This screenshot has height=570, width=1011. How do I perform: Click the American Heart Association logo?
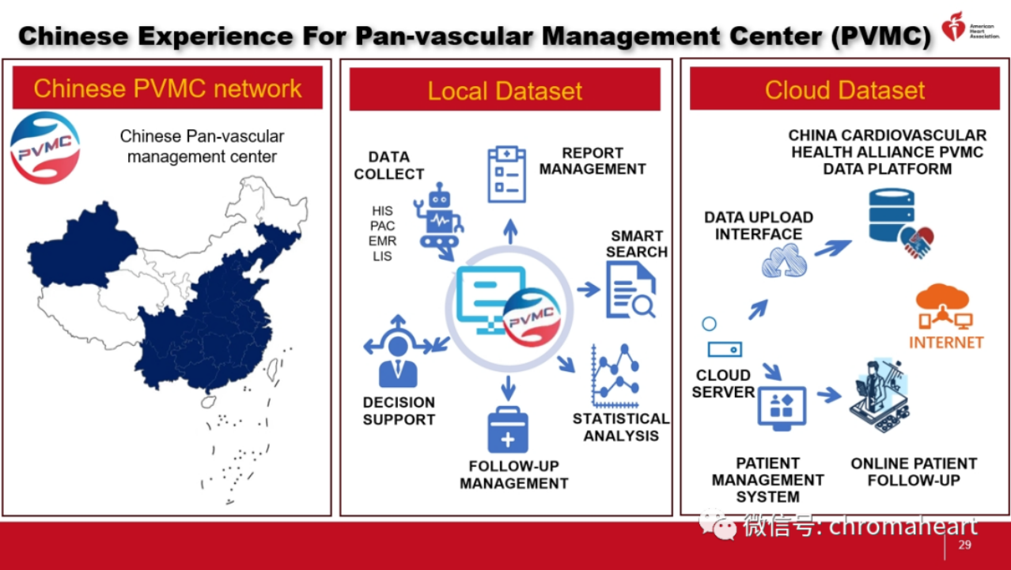(x=970, y=27)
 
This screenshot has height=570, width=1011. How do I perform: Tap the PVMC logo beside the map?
(x=44, y=148)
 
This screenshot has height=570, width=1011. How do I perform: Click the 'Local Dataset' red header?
(x=505, y=89)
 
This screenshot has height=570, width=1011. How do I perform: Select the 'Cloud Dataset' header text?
(x=844, y=89)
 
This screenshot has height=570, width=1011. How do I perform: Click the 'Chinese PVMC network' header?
(x=168, y=88)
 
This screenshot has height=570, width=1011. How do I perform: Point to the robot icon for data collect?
(x=438, y=220)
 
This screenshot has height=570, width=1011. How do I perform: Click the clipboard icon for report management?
(x=507, y=174)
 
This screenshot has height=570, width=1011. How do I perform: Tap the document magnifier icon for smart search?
(x=630, y=291)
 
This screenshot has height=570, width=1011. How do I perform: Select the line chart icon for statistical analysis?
(x=615, y=376)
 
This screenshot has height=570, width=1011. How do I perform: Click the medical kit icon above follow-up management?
(x=508, y=430)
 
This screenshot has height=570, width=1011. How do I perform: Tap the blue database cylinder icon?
(x=892, y=215)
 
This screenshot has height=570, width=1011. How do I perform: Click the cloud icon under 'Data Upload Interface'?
(x=785, y=260)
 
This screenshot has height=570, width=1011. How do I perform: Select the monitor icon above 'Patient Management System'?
(x=782, y=408)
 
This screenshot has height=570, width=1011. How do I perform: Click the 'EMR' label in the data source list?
(x=382, y=241)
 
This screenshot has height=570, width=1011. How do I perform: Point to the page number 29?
(x=964, y=545)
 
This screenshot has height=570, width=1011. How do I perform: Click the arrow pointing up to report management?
(x=510, y=231)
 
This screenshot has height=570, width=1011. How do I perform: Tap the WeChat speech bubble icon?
(x=718, y=524)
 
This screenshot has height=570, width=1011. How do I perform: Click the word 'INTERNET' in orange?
(x=946, y=342)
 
